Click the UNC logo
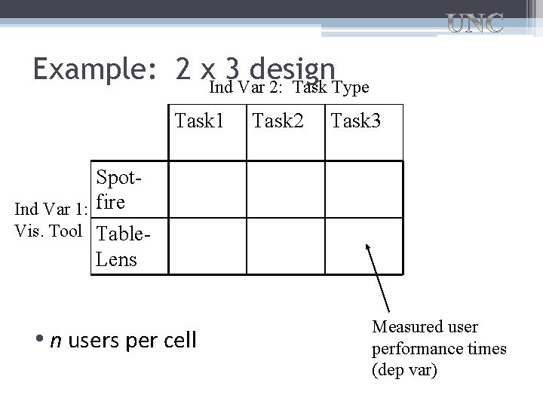click(476, 23)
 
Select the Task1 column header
click(200, 120)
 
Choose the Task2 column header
click(278, 120)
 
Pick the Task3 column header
click(355, 120)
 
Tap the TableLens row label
click(121, 246)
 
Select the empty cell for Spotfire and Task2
click(285, 189)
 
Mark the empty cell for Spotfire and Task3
click(364, 189)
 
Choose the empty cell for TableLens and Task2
click(285, 246)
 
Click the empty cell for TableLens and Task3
click(364, 246)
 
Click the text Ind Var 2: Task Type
click(289, 88)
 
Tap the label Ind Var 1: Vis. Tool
click(50, 219)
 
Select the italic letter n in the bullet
click(55, 341)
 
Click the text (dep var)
click(404, 370)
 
